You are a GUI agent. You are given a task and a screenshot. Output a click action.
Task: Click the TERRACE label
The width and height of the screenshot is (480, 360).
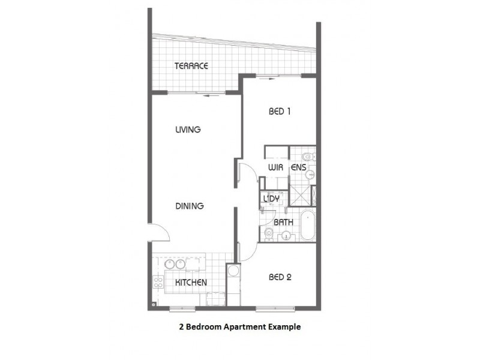coord(191,66)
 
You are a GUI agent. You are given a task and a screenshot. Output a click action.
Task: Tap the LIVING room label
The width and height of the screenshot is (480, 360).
coord(188,130)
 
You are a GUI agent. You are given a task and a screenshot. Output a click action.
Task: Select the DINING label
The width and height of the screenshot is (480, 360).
coord(190,206)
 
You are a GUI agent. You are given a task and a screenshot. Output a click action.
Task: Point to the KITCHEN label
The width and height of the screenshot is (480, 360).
coord(191,282)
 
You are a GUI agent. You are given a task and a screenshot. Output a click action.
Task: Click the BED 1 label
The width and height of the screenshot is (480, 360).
coord(279,110)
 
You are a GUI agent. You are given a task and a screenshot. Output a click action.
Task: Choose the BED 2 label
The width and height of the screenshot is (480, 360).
coord(280,277)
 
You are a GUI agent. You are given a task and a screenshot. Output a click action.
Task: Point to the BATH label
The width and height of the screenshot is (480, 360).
coord(283,222)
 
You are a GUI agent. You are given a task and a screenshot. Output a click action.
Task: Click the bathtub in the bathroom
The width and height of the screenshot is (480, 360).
coord(307,226)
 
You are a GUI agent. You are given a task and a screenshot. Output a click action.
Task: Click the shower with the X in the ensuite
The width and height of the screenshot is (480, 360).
coord(310,196)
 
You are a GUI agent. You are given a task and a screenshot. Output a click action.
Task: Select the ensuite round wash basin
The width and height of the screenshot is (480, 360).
coord(310,175)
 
